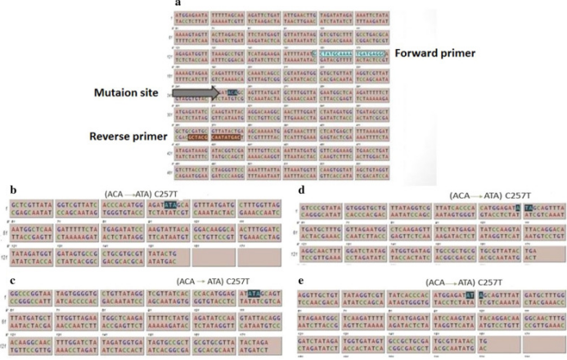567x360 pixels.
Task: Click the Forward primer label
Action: (x=437, y=56)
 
